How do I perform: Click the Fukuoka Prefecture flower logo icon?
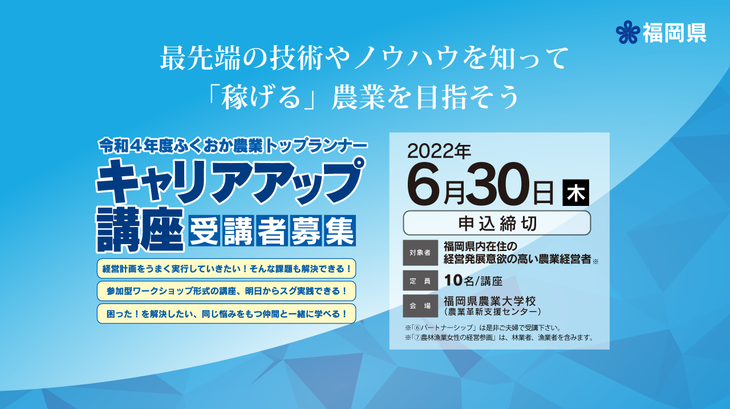628,32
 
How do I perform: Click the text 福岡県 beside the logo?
675,33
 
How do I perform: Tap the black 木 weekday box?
576,193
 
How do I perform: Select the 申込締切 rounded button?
497,223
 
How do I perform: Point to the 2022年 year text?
439,151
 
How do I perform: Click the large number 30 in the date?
498,184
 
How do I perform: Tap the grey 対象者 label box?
420,253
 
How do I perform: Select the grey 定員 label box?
420,281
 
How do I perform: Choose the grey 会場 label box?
420,306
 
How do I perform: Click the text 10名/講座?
473,281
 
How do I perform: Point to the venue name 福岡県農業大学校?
489,301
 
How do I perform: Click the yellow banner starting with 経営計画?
226,269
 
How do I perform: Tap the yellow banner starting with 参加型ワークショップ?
226,291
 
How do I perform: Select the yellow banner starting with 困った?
226,314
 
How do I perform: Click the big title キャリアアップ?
230,181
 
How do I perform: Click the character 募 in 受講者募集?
305,230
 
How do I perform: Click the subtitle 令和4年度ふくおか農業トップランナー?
233,147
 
